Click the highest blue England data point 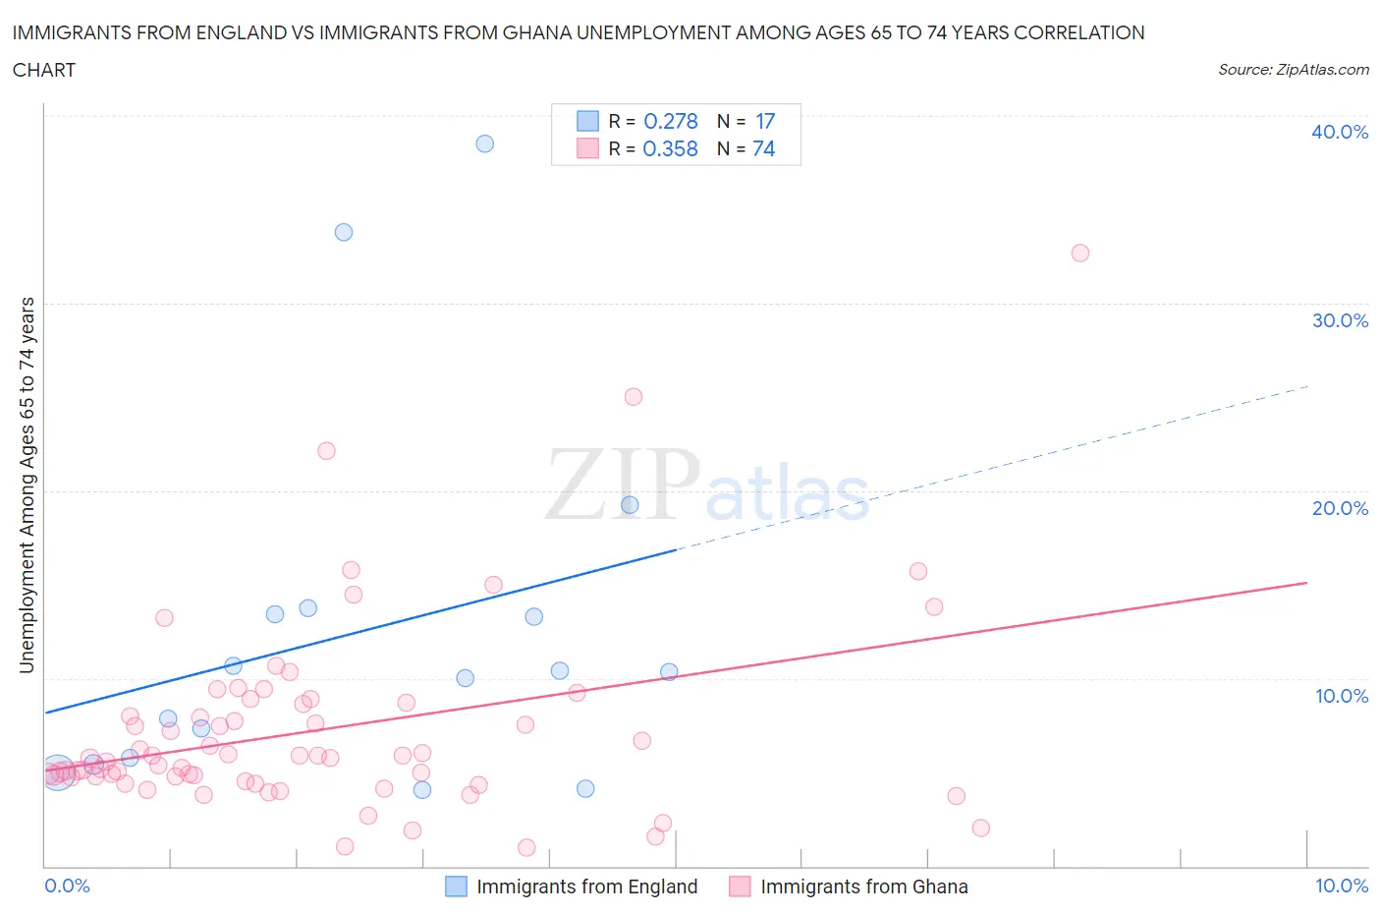[x=485, y=143]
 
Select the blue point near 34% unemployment [x=344, y=232]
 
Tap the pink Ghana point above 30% [x=1080, y=253]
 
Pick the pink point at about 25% [x=634, y=397]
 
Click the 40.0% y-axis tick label [x=1340, y=132]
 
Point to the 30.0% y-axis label [x=1340, y=320]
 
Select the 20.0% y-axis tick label [x=1340, y=508]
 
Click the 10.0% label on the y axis [x=1342, y=696]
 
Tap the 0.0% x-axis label [x=68, y=885]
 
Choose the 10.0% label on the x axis [x=1342, y=885]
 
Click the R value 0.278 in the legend [x=671, y=121]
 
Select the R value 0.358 [x=671, y=148]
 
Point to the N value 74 [x=764, y=148]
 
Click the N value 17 [x=765, y=121]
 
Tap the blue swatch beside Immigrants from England [x=456, y=886]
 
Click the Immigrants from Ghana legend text [x=864, y=886]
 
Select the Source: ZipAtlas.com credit [x=1294, y=70]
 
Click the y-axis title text [x=28, y=486]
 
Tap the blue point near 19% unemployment [x=630, y=505]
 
